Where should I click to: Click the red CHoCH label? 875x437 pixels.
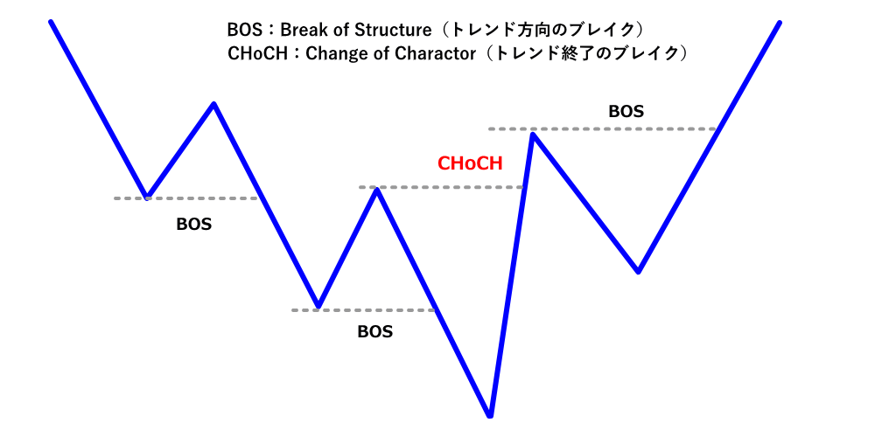[470, 163]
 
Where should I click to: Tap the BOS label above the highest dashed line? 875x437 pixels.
[626, 112]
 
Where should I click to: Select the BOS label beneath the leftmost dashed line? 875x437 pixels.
[193, 224]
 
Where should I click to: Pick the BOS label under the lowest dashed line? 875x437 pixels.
[374, 332]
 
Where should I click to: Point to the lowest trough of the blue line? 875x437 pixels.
[490, 414]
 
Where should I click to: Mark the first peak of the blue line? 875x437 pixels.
[213, 104]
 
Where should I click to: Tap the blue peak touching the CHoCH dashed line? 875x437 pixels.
[377, 189]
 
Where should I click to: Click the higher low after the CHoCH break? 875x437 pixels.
[639, 271]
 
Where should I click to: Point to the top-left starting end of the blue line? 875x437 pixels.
[52, 21]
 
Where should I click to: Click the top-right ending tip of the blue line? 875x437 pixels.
[779, 22]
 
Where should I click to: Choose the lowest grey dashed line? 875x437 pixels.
[363, 309]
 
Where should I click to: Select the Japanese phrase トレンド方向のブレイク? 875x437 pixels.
[542, 30]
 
